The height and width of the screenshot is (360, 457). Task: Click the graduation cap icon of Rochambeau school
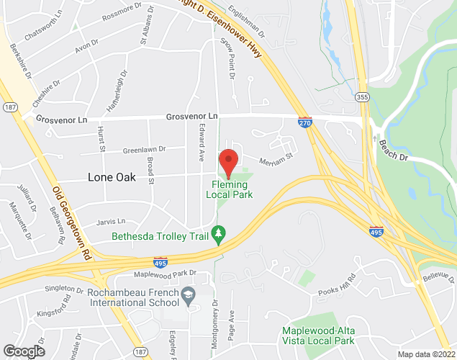pos(189,294)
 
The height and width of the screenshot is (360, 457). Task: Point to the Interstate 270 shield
pos(305,123)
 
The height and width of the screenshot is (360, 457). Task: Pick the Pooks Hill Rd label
pos(338,287)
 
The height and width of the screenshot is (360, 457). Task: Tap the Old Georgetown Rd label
pos(72,223)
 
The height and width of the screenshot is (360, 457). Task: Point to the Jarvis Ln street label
pos(111,220)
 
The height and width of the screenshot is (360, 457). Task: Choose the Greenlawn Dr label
pos(143,150)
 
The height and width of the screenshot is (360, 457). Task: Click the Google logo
pos(23,351)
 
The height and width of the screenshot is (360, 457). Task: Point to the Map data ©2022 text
pos(426,354)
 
